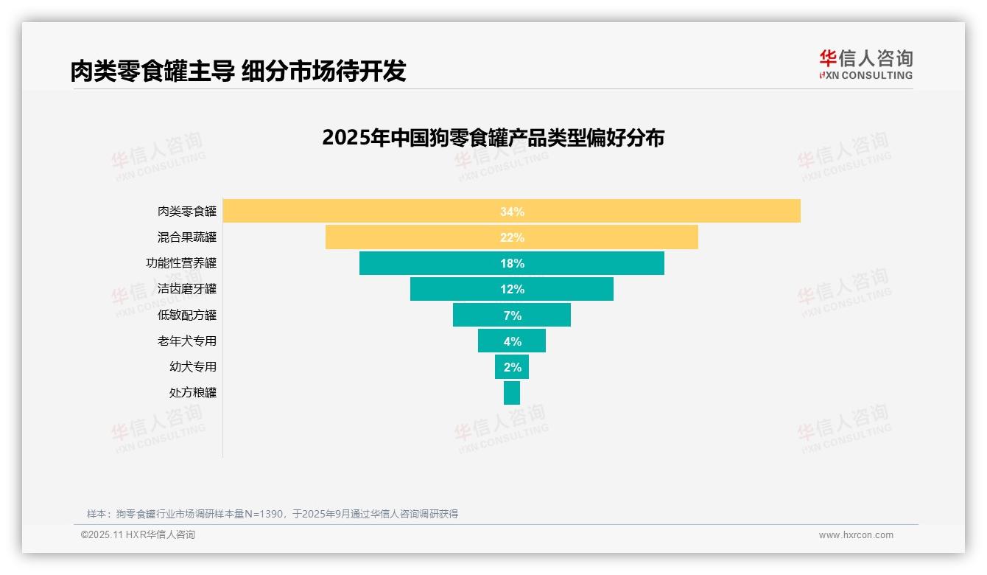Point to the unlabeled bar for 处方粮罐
[512, 392]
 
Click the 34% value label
[512, 212]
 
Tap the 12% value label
[512, 289]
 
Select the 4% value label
[512, 341]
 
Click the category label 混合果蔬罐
[187, 237]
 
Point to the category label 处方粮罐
[193, 392]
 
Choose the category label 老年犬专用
[187, 341]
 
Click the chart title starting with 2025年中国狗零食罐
[493, 138]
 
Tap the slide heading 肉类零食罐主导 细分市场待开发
[238, 71]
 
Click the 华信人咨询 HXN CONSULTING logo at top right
[865, 65]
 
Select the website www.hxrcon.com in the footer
[856, 535]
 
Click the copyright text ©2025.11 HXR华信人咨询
[138, 535]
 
